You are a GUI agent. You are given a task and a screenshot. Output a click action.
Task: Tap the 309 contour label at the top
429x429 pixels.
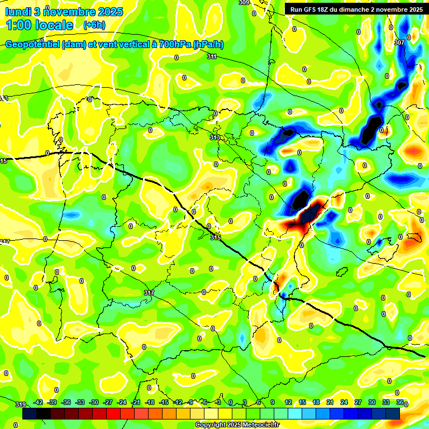(244, 3)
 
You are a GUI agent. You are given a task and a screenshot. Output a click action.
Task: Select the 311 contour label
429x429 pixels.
(212, 56)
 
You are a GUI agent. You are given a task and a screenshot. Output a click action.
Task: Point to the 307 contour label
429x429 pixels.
(399, 42)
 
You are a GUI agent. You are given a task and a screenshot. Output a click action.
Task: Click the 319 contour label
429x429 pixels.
(21, 404)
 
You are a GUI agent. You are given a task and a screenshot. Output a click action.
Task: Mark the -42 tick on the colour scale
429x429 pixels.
(39, 402)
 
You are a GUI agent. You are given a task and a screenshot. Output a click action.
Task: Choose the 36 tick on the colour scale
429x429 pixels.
(400, 402)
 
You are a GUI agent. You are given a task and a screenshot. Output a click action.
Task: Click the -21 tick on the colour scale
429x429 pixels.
(136, 402)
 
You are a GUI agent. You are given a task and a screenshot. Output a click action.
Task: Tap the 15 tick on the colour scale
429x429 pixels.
(302, 402)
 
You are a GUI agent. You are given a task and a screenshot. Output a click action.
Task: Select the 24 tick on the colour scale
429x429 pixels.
(344, 402)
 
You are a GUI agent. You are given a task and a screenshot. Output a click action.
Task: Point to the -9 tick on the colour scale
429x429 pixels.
(192, 402)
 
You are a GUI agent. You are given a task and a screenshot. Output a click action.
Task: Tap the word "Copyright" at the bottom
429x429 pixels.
(211, 425)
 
